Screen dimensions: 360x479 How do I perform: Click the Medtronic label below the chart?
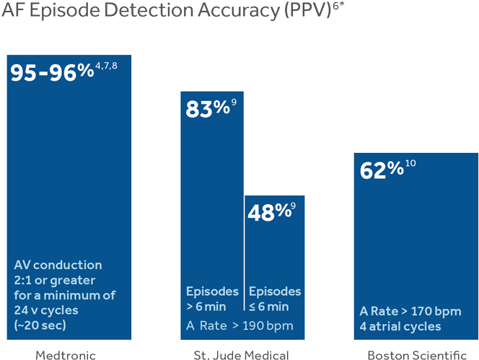click(66, 354)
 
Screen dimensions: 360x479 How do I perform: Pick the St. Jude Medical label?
click(241, 354)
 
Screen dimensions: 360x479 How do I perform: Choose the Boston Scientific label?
click(417, 354)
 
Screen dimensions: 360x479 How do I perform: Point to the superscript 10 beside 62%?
click(410, 164)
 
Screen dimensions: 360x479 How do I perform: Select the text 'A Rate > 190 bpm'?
click(239, 325)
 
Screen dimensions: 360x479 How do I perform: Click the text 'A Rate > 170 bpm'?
click(410, 312)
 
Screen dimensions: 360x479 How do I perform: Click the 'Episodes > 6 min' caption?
click(211, 299)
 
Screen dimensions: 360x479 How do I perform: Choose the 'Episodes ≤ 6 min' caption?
click(274, 299)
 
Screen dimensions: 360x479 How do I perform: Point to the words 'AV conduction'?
click(58, 265)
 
